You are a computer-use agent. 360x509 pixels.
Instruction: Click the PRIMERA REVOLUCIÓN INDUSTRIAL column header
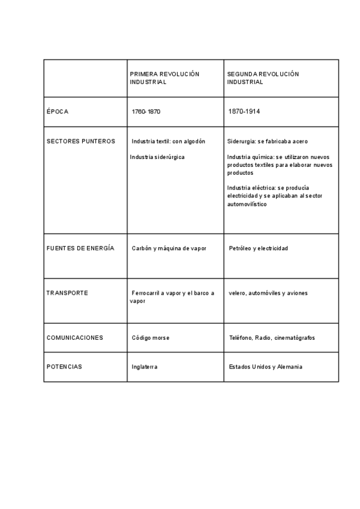pyautogui.click(x=164, y=78)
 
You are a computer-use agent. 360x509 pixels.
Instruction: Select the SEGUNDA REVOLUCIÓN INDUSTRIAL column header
pyautogui.click(x=263, y=78)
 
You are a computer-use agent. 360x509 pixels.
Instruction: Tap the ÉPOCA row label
pyautogui.click(x=58, y=112)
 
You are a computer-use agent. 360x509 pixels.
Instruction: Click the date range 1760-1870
pyautogui.click(x=146, y=112)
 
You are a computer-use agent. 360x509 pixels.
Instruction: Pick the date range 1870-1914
pyautogui.click(x=244, y=112)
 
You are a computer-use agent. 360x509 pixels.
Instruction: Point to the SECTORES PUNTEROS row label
pyautogui.click(x=80, y=142)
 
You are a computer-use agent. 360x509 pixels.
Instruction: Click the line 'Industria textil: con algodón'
pyautogui.click(x=168, y=142)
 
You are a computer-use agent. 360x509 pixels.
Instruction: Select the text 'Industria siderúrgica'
pyautogui.click(x=157, y=157)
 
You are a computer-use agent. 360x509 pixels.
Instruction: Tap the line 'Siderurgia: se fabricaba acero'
pyautogui.click(x=268, y=142)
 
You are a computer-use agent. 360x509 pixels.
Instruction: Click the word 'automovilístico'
pyautogui.click(x=247, y=204)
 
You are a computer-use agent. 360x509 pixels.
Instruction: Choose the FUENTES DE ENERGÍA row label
pyautogui.click(x=80, y=248)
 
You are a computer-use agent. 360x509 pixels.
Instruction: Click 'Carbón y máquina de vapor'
pyautogui.click(x=169, y=248)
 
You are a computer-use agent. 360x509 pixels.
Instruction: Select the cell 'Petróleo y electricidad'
pyautogui.click(x=259, y=248)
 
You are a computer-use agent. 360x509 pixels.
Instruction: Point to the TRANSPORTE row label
pyautogui.click(x=67, y=293)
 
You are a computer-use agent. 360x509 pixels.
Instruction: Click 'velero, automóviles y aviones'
pyautogui.click(x=268, y=293)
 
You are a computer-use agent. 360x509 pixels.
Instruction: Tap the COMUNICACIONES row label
pyautogui.click(x=74, y=337)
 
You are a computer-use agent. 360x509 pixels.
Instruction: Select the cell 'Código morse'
pyautogui.click(x=151, y=337)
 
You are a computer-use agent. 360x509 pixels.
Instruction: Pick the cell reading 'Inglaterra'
pyautogui.click(x=145, y=366)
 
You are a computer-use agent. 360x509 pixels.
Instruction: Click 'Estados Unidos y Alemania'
pyautogui.click(x=266, y=366)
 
